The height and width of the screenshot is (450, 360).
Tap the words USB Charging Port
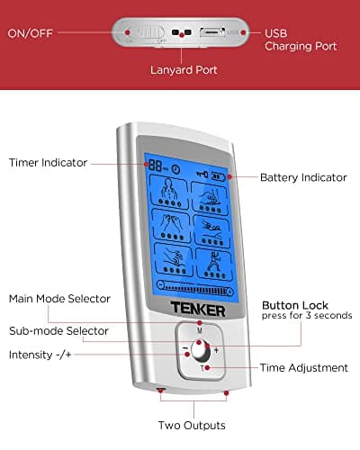point(301,40)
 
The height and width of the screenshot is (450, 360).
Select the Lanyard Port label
point(183,69)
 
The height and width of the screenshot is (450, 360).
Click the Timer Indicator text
point(48,163)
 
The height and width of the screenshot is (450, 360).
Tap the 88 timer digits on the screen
point(157,167)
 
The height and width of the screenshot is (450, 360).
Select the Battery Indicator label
point(303,177)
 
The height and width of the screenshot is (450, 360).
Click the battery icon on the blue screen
point(220,177)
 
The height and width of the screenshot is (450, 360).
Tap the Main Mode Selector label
point(59,298)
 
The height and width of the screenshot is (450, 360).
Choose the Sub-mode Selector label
point(59,330)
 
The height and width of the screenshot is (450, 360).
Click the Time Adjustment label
point(304,367)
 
